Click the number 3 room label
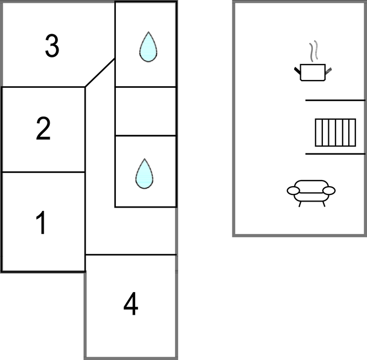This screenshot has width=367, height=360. pyautogui.click(x=52, y=46)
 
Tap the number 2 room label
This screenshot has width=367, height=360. pyautogui.click(x=43, y=129)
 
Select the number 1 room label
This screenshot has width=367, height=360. pyautogui.click(x=41, y=223)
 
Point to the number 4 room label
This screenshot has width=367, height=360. pyautogui.click(x=131, y=304)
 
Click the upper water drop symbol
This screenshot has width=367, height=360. pyautogui.click(x=148, y=47)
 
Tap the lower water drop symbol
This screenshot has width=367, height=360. pyautogui.click(x=145, y=173)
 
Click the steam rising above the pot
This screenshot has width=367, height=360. pyautogui.click(x=313, y=51)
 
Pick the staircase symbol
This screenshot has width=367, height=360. pyautogui.click(x=336, y=133)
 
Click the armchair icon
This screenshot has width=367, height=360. pyautogui.click(x=311, y=193)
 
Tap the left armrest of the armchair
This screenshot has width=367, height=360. pyautogui.click(x=293, y=190)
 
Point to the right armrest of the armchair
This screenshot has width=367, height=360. pyautogui.click(x=329, y=190)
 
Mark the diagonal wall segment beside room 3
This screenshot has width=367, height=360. pyautogui.click(x=100, y=73)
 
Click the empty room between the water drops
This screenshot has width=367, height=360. pyautogui.click(x=146, y=111)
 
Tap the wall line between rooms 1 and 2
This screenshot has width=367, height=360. pyautogui.click(x=43, y=172)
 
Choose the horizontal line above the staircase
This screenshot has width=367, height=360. pyautogui.click(x=336, y=100)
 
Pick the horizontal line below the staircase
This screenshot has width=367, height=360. pyautogui.click(x=336, y=154)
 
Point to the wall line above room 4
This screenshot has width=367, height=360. pyautogui.click(x=131, y=255)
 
